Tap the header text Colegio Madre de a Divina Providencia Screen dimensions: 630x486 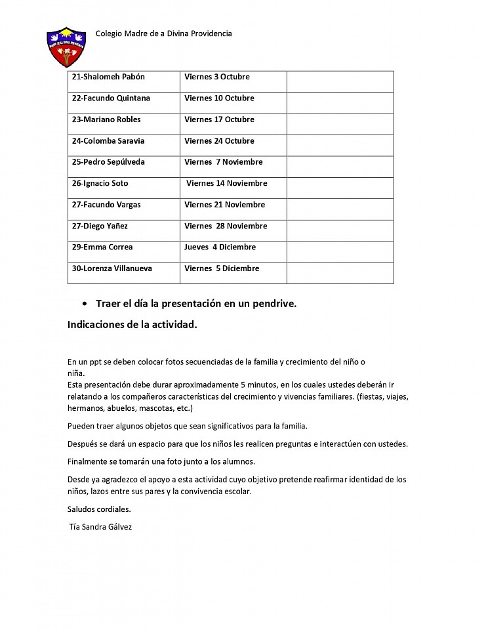coord(163,33)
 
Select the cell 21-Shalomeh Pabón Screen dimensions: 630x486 coord(108,77)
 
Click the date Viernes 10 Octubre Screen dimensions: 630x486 coord(219,98)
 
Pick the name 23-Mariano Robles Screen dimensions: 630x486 coord(106,119)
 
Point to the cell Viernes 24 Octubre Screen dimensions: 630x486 coord(219,141)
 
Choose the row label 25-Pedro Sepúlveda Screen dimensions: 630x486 coord(108,162)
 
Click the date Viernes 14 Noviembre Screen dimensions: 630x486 coord(226,184)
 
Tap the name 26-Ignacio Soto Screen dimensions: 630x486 coord(100,184)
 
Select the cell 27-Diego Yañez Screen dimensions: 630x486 coord(100,226)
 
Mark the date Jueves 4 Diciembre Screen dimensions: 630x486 coord(220,247)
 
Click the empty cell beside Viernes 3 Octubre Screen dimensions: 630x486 coord(340,81)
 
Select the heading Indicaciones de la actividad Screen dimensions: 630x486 coord(132,324)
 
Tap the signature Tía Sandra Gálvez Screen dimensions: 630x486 coord(100,526)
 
